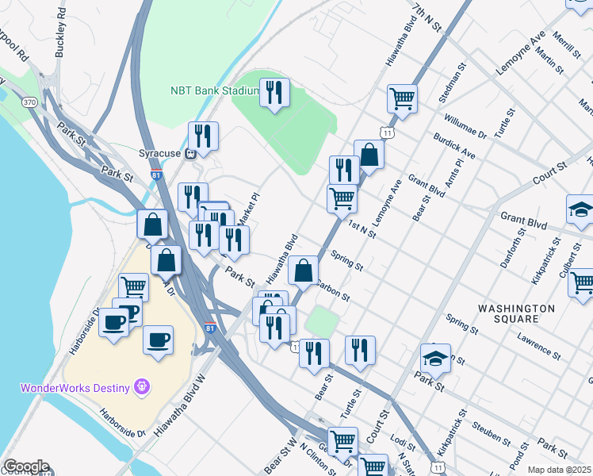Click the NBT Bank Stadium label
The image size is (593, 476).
pos(215,90)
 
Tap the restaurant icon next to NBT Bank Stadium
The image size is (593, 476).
pos(274,92)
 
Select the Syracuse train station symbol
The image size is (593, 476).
pos(190,154)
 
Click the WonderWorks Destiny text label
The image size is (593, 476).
pos(75,388)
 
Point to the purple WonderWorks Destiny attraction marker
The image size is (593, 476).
pos(142,387)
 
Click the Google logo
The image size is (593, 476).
pos(26,466)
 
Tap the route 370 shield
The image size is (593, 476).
pos(29,102)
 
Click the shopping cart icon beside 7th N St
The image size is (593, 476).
pos(402,99)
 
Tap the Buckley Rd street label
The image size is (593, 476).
pos(59,36)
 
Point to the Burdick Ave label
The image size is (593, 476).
pos(453,147)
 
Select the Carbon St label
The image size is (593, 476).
pos(333,289)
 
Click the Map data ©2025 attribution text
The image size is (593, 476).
pos(559,470)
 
